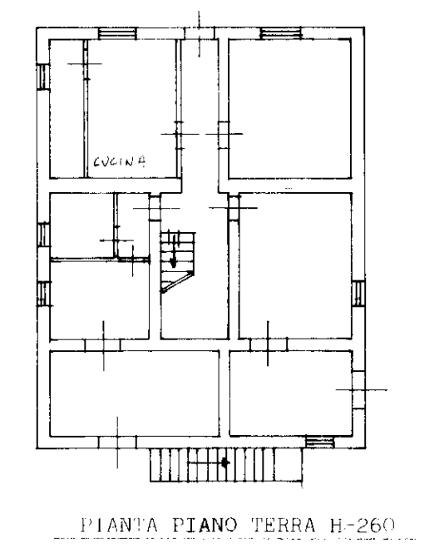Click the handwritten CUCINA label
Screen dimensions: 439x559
(120, 161)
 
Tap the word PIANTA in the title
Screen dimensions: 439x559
(120, 525)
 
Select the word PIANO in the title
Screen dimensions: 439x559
(205, 525)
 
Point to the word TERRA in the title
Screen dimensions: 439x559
(284, 525)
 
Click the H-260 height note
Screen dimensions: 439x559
(363, 525)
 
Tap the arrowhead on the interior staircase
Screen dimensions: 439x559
(173, 263)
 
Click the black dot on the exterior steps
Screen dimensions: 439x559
(224, 463)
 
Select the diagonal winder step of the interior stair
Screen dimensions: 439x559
(177, 282)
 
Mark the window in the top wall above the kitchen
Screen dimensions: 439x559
(117, 33)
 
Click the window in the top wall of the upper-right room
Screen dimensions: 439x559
(281, 33)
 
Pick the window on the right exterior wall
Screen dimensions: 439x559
(358, 293)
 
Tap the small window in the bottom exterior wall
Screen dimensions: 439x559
(320, 443)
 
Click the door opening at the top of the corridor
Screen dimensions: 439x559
(200, 33)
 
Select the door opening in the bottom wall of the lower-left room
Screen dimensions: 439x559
(117, 443)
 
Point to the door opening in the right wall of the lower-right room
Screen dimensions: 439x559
(358, 390)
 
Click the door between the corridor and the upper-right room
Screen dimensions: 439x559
(224, 135)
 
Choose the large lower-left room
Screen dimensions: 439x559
(135, 393)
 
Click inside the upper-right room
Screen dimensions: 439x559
(289, 109)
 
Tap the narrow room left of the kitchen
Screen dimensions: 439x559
(67, 109)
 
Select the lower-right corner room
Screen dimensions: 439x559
(291, 393)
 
